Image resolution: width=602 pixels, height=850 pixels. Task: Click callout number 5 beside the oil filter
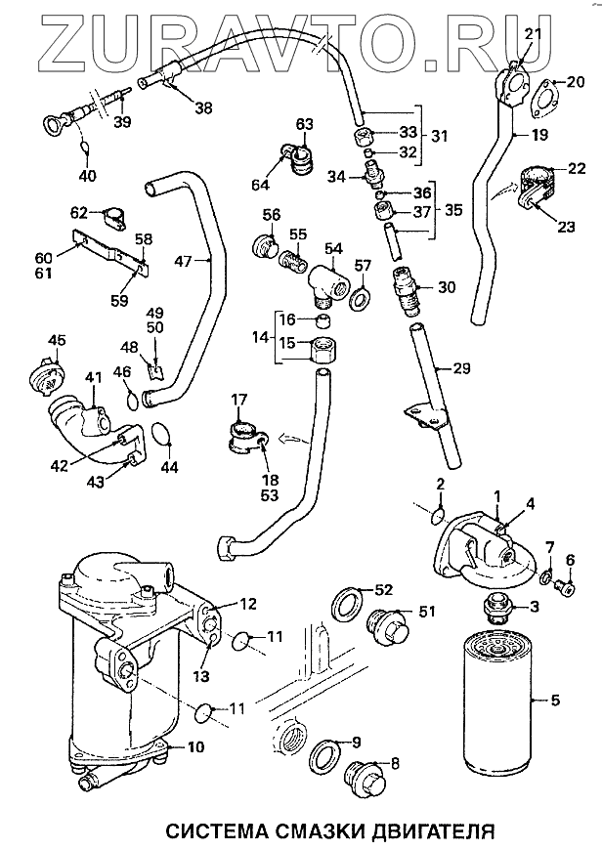pos(556,700)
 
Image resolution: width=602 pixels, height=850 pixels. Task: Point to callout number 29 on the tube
pos(461,368)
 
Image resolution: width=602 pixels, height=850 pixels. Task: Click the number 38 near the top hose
pos(202,108)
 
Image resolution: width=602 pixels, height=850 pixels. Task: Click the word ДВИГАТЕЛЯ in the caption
pos(422,831)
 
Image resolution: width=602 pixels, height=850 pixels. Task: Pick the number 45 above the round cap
pos(58,341)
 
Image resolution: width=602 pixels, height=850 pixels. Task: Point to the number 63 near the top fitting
pos(304,123)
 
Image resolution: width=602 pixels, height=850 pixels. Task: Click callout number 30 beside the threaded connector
pos(447,287)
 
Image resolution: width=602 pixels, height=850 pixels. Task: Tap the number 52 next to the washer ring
pos(383,589)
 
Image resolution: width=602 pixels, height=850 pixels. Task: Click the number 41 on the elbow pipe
pos(94,376)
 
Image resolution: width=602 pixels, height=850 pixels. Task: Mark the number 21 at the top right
pos(532,35)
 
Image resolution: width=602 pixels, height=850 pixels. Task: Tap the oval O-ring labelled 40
pos(85,149)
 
